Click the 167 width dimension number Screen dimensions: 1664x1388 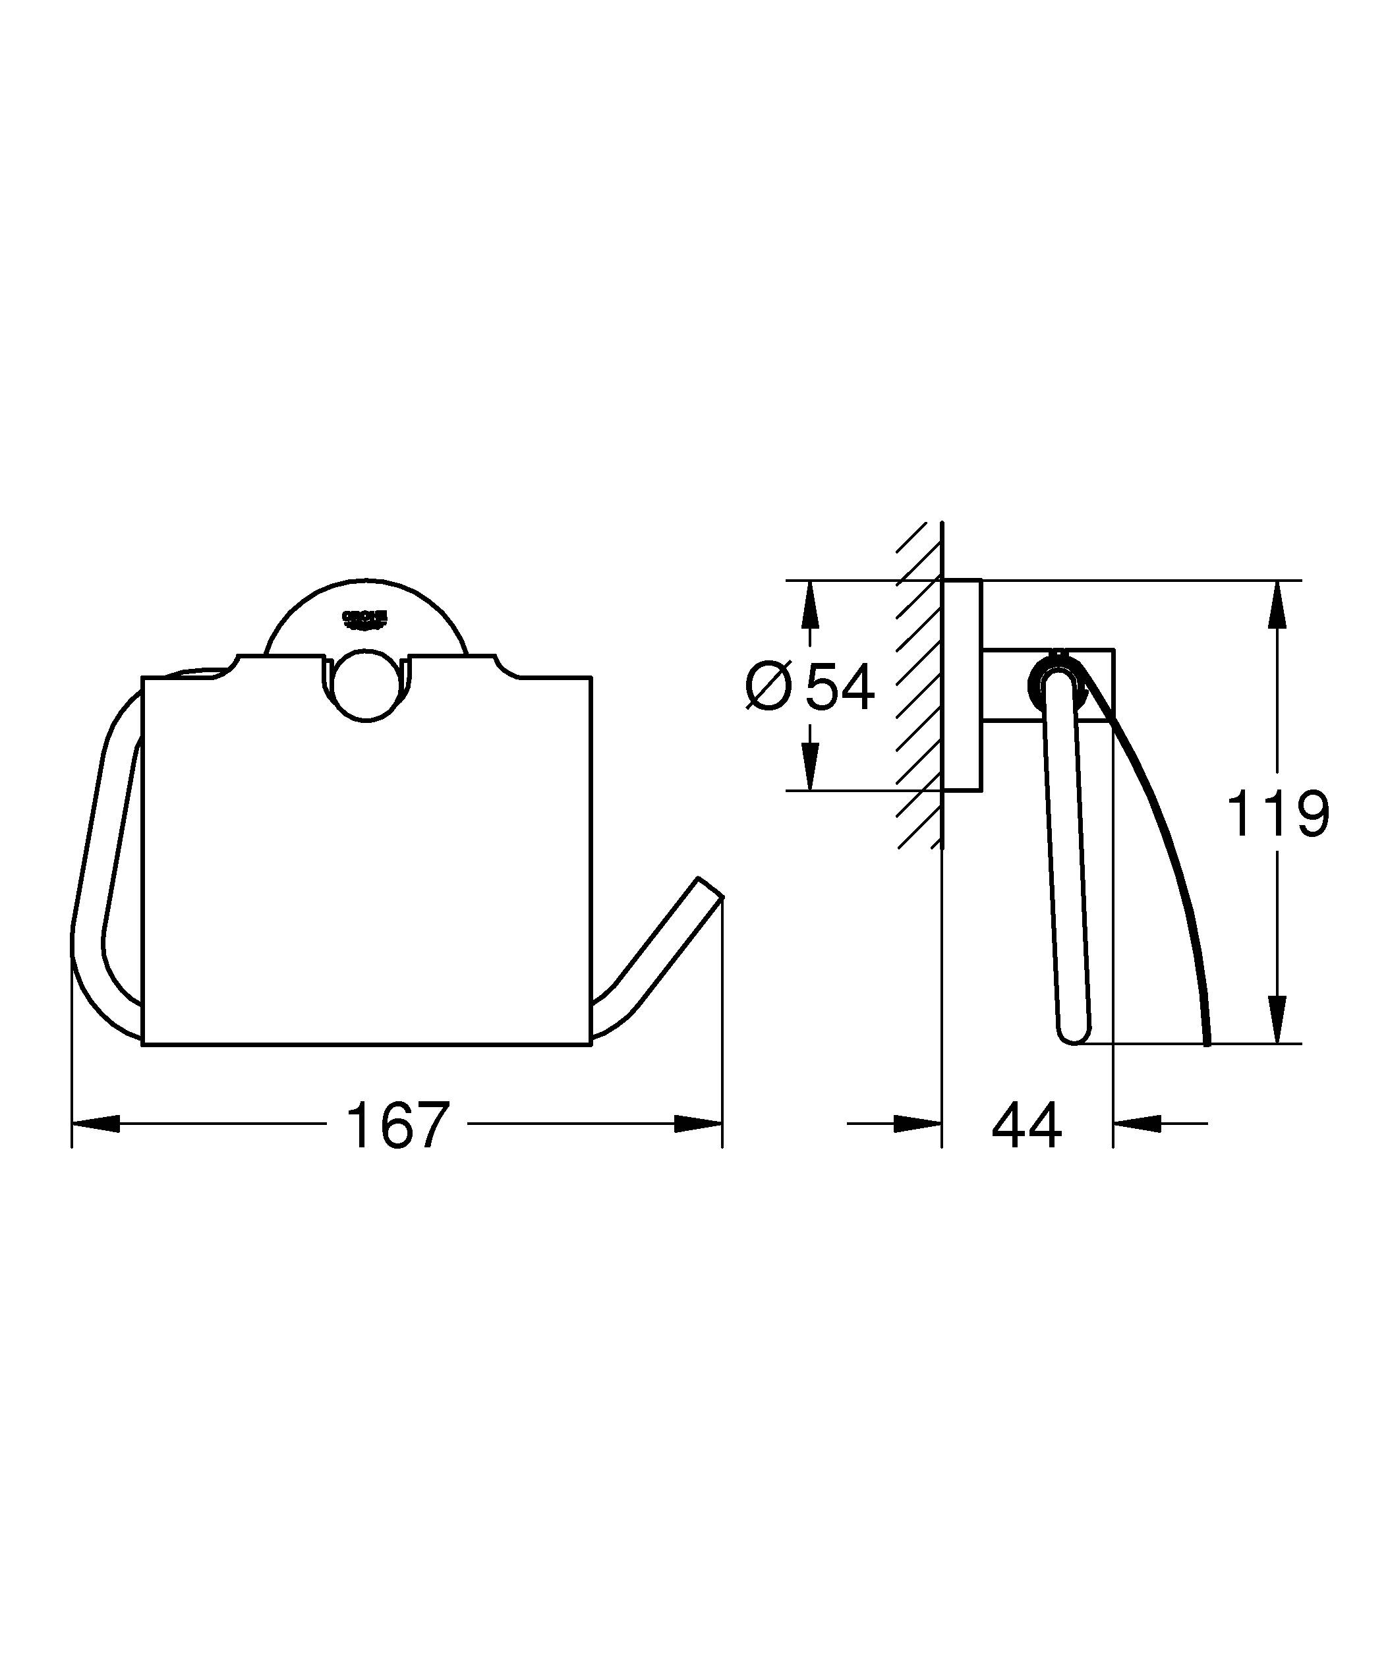tap(397, 1125)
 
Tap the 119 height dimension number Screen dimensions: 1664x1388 tap(1277, 814)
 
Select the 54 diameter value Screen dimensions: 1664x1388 tap(840, 687)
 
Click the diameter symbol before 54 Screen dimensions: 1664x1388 tap(768, 687)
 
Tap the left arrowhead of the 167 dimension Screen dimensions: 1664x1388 tap(95, 1124)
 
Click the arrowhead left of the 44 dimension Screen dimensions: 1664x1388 tap(918, 1124)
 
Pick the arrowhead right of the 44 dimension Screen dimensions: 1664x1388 tap(1137, 1124)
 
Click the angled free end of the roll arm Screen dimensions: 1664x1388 tap(709, 888)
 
